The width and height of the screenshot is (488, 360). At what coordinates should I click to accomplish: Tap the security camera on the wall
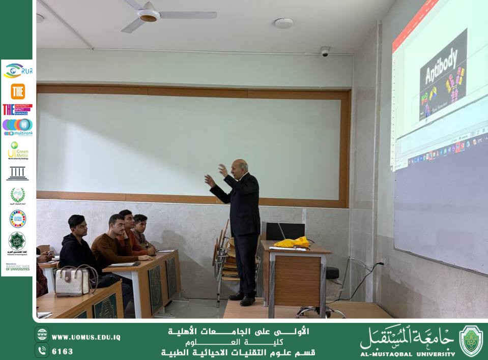(x=325, y=51)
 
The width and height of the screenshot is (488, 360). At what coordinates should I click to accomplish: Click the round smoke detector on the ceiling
(x=283, y=23)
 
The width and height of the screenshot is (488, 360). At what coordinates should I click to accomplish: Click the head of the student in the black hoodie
(x=76, y=224)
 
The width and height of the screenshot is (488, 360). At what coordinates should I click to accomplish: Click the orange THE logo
(x=18, y=92)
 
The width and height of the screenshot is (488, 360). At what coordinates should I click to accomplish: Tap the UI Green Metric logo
(x=18, y=151)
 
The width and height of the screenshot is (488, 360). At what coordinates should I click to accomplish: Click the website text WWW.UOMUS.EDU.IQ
(x=86, y=337)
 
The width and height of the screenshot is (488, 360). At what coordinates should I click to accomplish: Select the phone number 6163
(x=63, y=351)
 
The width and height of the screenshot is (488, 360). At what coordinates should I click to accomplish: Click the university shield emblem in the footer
(x=471, y=341)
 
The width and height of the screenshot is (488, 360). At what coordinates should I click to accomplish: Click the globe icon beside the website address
(x=42, y=335)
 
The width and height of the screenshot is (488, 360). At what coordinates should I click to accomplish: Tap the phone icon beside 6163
(x=42, y=350)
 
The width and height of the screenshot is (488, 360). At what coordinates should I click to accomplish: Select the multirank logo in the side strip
(x=18, y=127)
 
